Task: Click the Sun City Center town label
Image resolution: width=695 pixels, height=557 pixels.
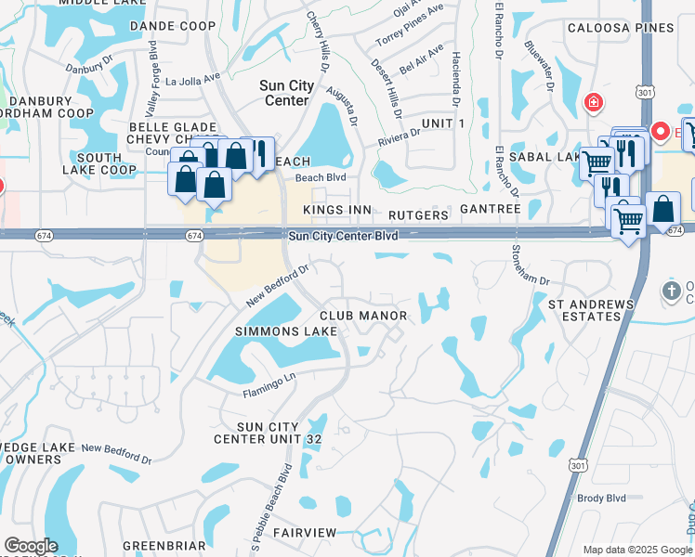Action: click(x=288, y=93)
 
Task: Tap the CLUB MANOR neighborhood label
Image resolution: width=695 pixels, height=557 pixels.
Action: click(x=364, y=317)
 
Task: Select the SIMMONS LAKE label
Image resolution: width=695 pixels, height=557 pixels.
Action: click(x=285, y=331)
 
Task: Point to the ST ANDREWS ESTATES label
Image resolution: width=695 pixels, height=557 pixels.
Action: click(x=591, y=310)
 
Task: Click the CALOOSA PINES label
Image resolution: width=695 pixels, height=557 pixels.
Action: click(x=623, y=28)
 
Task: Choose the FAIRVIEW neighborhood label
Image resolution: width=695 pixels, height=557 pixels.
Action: click(x=305, y=532)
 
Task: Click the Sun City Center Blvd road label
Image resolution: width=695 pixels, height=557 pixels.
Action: click(x=343, y=237)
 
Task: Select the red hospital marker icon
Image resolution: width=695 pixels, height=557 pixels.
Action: click(x=592, y=102)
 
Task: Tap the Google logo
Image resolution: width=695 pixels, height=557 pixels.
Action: click(x=31, y=546)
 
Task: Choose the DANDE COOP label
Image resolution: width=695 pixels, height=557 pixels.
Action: click(x=173, y=26)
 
